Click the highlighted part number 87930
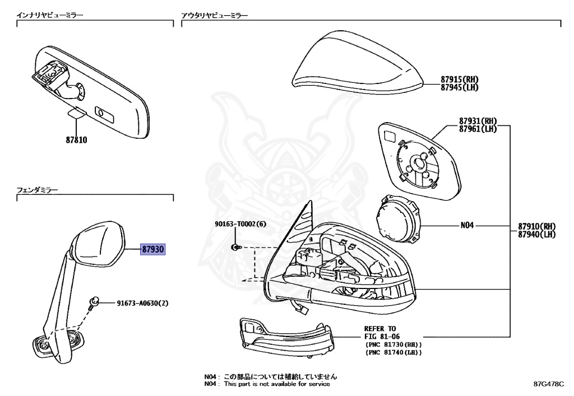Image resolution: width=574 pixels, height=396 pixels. click(x=152, y=249)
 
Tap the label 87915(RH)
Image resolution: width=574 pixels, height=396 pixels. click(x=459, y=80)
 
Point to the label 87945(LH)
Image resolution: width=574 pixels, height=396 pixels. click(x=459, y=87)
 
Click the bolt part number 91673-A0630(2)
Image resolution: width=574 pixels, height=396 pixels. click(x=142, y=303)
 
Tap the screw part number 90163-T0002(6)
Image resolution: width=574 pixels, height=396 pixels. click(x=240, y=225)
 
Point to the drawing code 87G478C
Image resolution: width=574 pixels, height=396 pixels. click(x=548, y=385)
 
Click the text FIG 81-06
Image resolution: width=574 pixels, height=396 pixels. click(x=383, y=337)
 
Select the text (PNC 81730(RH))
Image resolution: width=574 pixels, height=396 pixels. click(x=393, y=344)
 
